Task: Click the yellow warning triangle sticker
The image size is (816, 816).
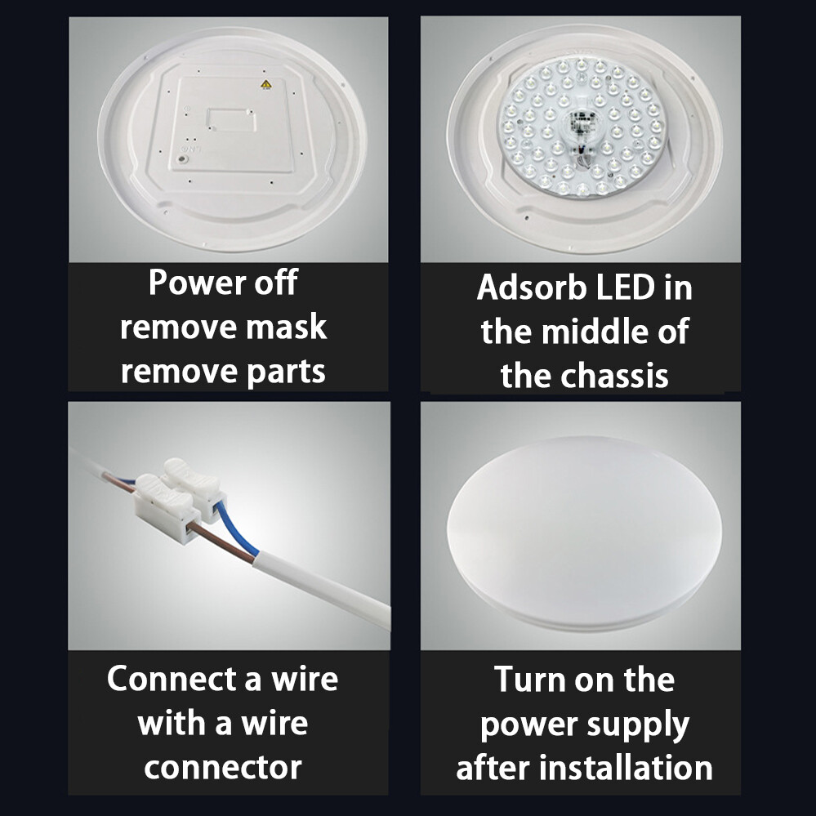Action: click(265, 85)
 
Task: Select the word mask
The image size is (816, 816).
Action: click(286, 328)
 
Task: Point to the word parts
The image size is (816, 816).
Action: click(285, 372)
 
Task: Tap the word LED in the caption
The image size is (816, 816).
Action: click(625, 288)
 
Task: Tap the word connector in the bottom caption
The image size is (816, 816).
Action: click(223, 767)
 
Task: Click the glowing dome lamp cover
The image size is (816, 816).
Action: click(583, 532)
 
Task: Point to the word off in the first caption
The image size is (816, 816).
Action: click(274, 283)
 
